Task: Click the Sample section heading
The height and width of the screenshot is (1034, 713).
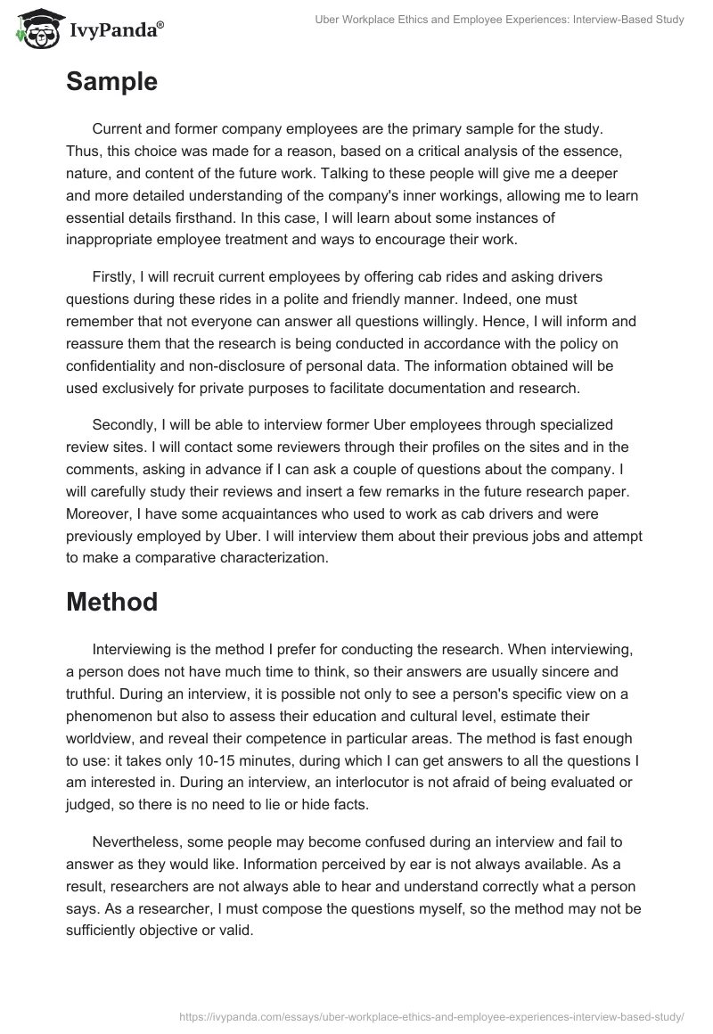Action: tap(111, 82)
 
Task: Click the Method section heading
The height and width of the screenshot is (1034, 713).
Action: tap(111, 601)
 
